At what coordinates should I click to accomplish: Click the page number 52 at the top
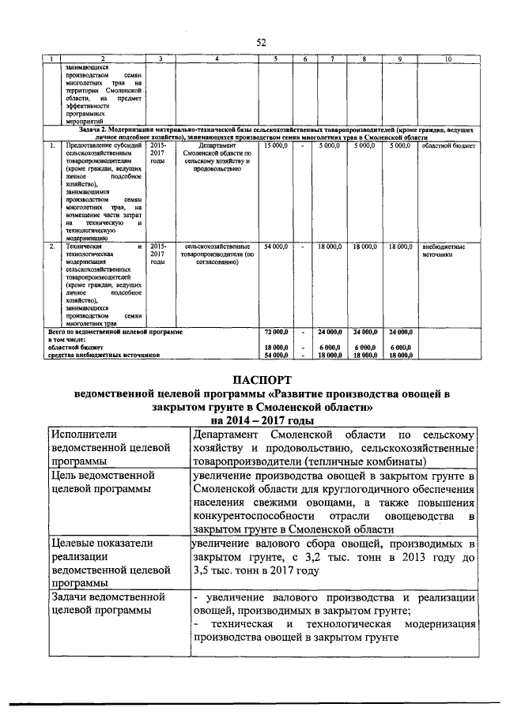pos(261,43)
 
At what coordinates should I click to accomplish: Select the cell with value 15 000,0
pos(277,145)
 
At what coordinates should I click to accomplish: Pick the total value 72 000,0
pos(276,333)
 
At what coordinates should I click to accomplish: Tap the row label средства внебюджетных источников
pos(104,356)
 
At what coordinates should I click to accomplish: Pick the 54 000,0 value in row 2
pos(277,246)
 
